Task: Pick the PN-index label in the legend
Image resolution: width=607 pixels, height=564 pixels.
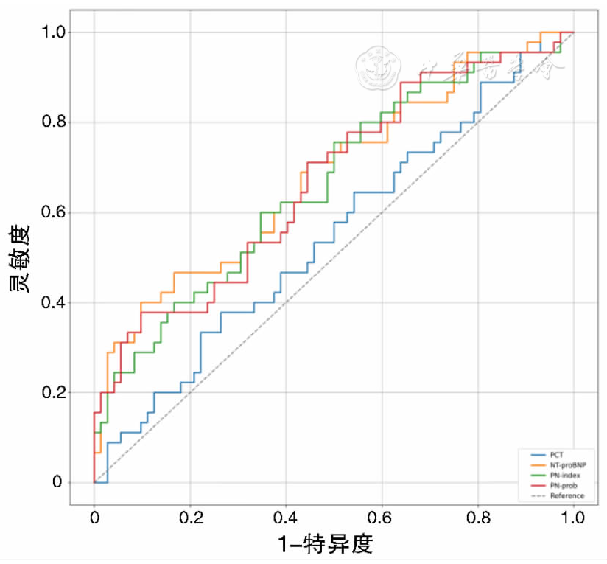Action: click(x=565, y=476)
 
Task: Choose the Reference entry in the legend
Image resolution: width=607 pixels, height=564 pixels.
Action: click(x=566, y=496)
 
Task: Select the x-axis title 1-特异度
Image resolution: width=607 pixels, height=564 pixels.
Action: click(x=325, y=545)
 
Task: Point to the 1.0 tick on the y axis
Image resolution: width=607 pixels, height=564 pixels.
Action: click(x=53, y=32)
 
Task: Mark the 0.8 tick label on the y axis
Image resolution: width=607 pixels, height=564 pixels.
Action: click(x=53, y=122)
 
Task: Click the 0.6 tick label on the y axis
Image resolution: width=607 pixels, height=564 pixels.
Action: click(x=53, y=213)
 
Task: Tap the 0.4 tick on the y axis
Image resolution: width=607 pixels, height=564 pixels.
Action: click(x=53, y=303)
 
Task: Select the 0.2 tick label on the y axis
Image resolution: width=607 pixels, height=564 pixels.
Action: click(x=53, y=393)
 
